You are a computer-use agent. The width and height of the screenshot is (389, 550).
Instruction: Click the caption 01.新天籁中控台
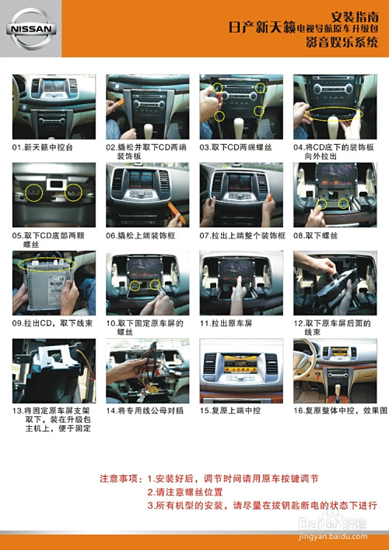[43, 146]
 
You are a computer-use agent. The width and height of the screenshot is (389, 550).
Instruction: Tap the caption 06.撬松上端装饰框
[143, 234]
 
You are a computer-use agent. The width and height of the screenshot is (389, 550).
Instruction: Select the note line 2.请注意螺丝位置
[185, 492]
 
